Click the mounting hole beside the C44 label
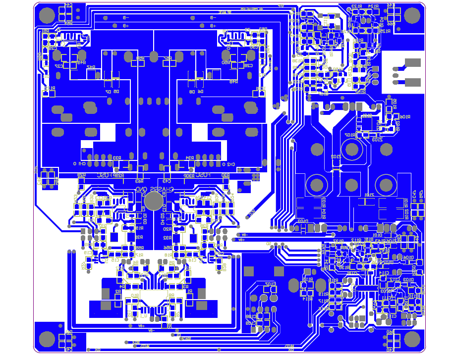pyautogui.click(x=46, y=16)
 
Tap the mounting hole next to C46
pyautogui.click(x=412, y=16)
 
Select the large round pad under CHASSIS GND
pyautogui.click(x=154, y=200)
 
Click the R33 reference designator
pyautogui.click(x=117, y=158)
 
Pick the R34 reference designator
pyautogui.click(x=189, y=158)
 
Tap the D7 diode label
pyautogui.click(x=108, y=92)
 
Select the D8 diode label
pyautogui.click(x=192, y=92)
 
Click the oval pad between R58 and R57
pyautogui.click(x=154, y=55)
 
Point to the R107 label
pyautogui.click(x=350, y=135)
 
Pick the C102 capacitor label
pyautogui.click(x=270, y=284)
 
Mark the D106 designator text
pyautogui.click(x=408, y=257)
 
